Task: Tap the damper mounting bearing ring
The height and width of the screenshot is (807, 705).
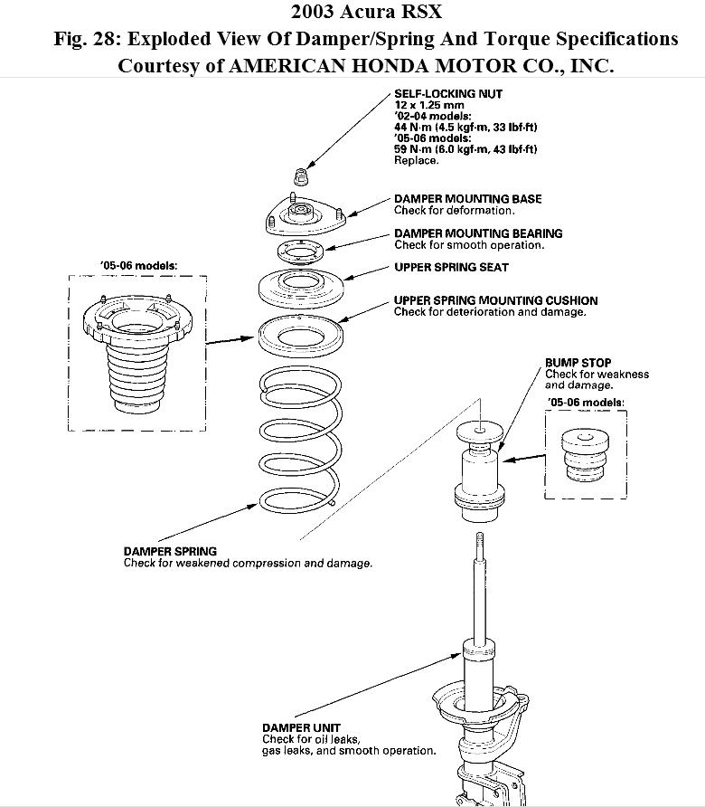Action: point(300,252)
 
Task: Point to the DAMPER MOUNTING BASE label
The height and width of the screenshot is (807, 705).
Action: point(467,199)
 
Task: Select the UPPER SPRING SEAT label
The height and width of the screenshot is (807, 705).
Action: point(451,268)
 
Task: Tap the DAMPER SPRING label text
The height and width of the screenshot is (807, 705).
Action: point(170,551)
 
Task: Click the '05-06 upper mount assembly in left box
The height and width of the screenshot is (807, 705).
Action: point(138,348)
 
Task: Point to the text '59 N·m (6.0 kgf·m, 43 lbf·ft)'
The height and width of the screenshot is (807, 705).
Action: point(465,149)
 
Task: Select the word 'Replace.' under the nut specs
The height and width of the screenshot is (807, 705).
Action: point(416,160)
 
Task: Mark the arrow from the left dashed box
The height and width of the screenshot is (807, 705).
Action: point(230,340)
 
